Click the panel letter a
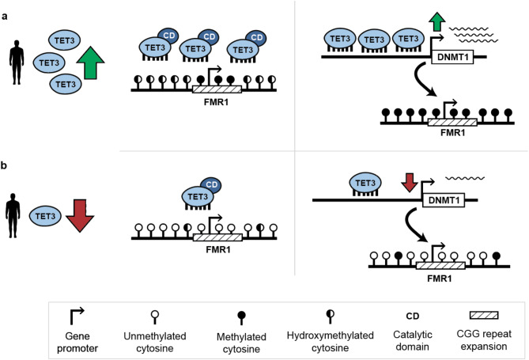coord(5,16)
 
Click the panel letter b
coord(5,166)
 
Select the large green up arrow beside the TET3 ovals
coord(90,63)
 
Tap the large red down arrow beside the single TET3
coord(80,216)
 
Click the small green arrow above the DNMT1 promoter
coord(437,22)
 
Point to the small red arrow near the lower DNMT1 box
coord(410,183)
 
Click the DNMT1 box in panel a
coord(453,57)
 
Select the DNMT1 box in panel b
coord(444,200)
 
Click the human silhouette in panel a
coord(17,63)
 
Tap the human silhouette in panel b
coord(13,215)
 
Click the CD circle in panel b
coord(211,184)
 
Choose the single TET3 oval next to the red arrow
coord(45,216)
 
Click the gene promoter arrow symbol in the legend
coord(77,316)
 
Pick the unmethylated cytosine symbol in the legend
coord(155,316)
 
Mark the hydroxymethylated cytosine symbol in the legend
coord(331,316)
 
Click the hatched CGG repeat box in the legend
coord(484,315)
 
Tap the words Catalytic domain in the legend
coord(413,341)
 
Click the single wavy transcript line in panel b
coord(465,178)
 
